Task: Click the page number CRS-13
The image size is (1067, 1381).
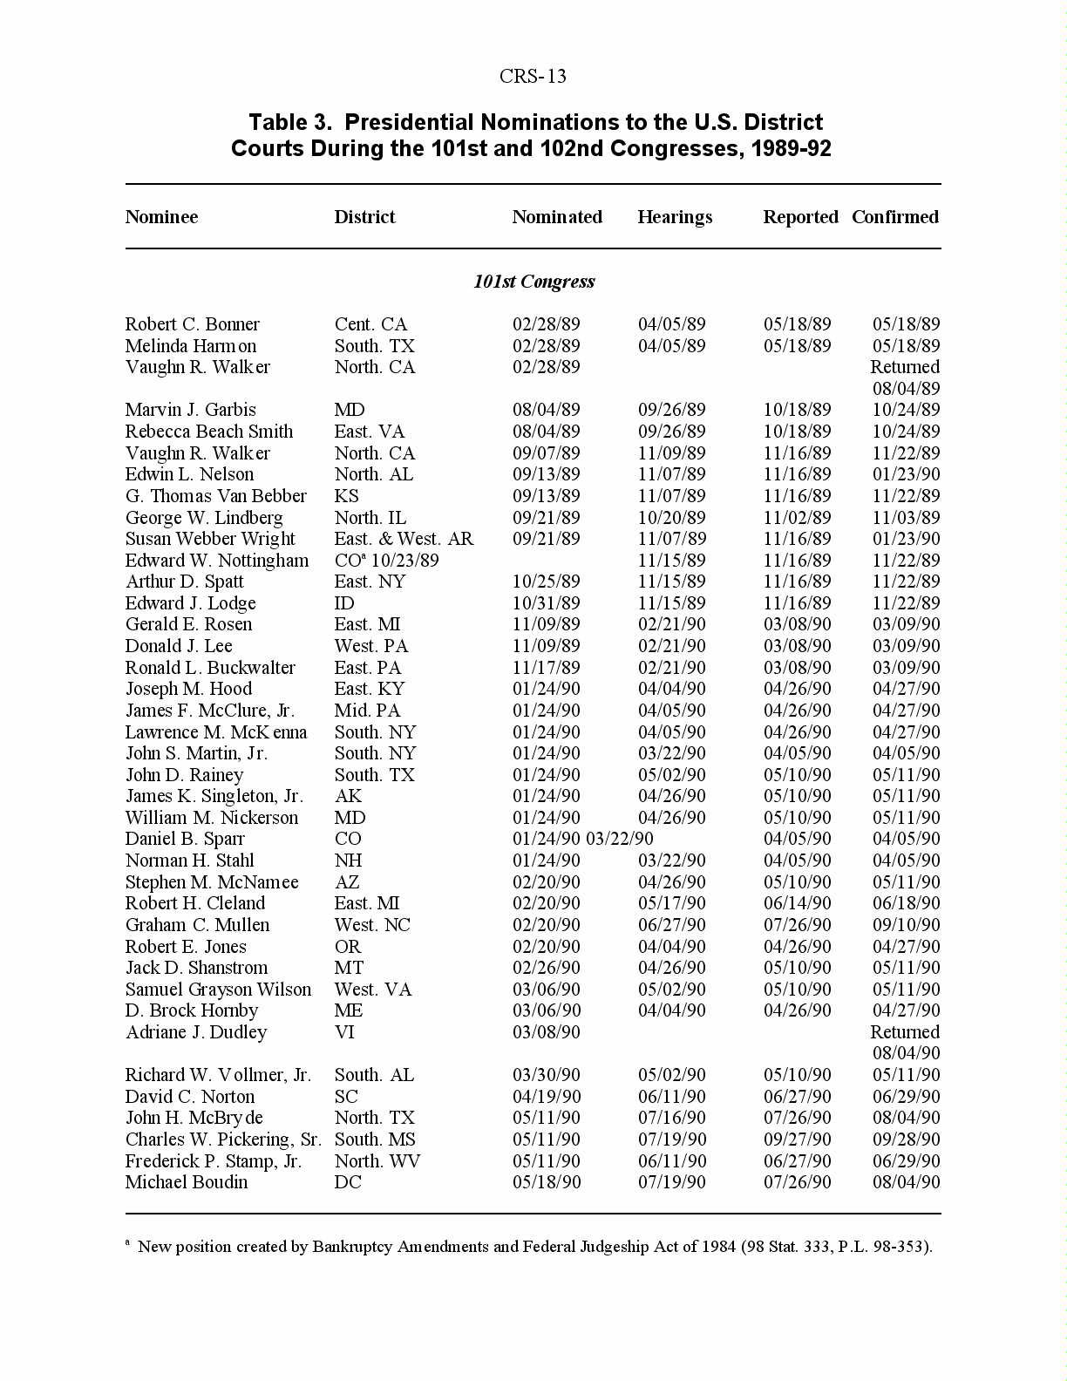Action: (533, 77)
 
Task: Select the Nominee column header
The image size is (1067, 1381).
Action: (161, 217)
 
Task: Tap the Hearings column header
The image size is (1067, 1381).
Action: (675, 217)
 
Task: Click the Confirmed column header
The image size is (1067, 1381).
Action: (894, 217)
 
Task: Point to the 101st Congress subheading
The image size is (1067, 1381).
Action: (533, 282)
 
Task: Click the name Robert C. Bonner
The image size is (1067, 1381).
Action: (192, 324)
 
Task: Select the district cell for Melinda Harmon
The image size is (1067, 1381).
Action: (374, 346)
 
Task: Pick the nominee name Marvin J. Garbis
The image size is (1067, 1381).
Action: (190, 410)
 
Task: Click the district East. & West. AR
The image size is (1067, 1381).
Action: (404, 539)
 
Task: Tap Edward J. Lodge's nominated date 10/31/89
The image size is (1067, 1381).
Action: (546, 603)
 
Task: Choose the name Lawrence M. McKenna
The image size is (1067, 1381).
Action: (215, 732)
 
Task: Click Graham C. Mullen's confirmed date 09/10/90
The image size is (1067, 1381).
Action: (906, 925)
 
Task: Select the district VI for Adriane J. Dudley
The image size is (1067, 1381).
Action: (344, 1032)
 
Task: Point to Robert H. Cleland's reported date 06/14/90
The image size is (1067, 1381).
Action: (797, 903)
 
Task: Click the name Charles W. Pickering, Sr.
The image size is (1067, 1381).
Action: (223, 1139)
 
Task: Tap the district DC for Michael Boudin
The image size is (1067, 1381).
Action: (347, 1182)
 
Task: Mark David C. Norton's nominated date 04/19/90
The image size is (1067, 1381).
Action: (546, 1097)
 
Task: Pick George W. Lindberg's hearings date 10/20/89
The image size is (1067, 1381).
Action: (671, 518)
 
